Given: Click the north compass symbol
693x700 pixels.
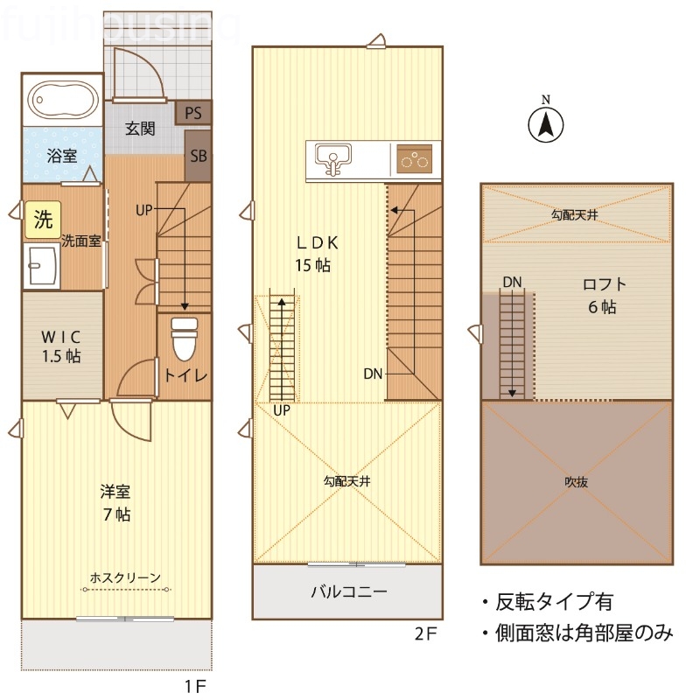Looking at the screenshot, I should [544, 124].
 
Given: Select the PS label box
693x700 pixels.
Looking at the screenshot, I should [193, 113].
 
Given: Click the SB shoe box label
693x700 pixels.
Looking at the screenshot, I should [199, 157].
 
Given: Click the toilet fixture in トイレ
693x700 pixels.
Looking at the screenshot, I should [184, 338].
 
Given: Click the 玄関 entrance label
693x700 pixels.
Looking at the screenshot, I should [140, 129].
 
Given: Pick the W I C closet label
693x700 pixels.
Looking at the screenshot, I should [62, 335].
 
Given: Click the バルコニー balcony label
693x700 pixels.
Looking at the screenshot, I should [348, 591].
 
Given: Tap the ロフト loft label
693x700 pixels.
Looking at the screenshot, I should [604, 284].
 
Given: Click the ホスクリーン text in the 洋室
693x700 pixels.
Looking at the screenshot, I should [125, 577].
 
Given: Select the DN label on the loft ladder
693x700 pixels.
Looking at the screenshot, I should [512, 281].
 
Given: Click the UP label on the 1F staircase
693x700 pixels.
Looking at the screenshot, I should [145, 210].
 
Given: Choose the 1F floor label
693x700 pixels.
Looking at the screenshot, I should [195, 685].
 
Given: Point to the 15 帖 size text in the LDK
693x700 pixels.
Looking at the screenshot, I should [312, 266].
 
